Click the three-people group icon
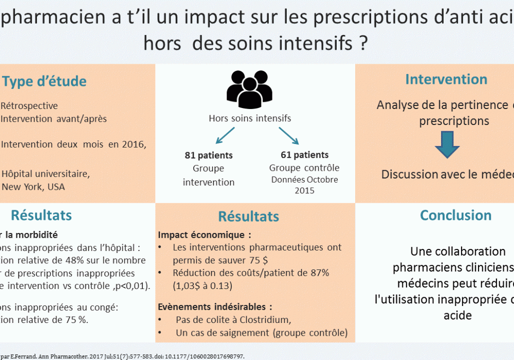click(249, 87)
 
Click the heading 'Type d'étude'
click(44, 81)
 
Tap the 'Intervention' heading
click(446, 79)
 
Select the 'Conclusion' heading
click(455, 215)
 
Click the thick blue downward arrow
click(447, 144)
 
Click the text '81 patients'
click(209, 155)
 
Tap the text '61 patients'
click(305, 154)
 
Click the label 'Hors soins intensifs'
click(250, 118)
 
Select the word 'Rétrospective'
click(29, 106)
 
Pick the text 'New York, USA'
click(33, 187)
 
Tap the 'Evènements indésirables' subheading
click(215, 307)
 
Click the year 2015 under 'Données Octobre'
click(304, 191)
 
